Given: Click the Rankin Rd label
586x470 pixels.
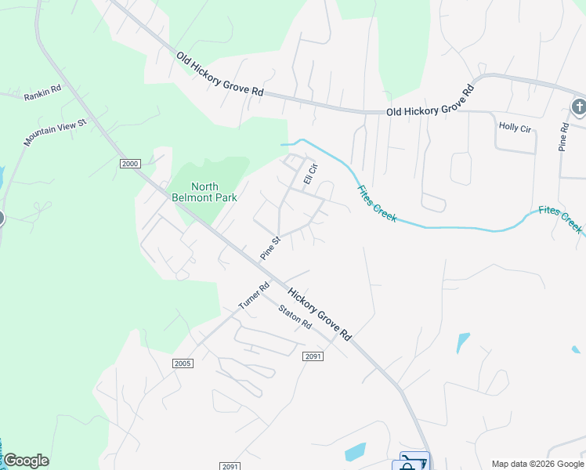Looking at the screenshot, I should [42, 92].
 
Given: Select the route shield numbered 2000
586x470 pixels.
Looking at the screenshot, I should [130, 163].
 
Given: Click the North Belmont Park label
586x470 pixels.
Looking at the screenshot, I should [204, 192].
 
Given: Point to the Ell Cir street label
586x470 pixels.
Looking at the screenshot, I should [310, 174].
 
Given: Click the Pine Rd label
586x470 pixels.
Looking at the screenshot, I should [563, 137].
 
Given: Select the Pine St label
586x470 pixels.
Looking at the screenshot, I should [270, 248].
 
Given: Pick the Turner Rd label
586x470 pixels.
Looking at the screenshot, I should [254, 295].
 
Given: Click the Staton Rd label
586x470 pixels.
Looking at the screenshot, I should [295, 317].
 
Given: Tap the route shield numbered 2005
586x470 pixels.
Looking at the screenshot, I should [183, 363].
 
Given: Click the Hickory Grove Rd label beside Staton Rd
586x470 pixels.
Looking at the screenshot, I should [319, 314].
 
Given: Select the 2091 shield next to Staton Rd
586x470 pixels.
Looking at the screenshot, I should [313, 356].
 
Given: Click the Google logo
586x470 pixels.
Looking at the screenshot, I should [26, 461].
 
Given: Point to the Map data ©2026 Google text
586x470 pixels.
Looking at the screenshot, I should [537, 464].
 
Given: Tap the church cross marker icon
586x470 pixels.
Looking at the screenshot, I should [579, 107].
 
